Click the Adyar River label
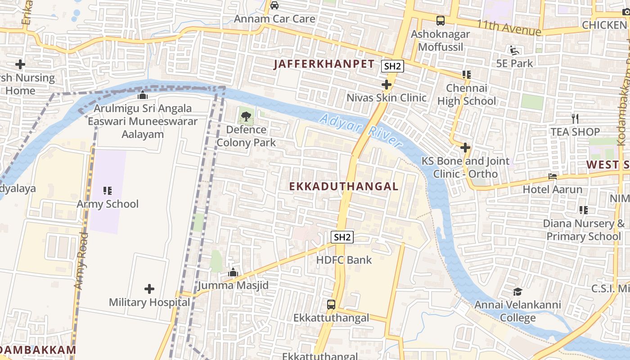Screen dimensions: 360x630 pyautogui.click(x=360, y=130)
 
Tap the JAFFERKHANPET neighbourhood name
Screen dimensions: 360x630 pyautogui.click(x=324, y=64)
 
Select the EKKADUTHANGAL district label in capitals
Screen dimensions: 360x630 pyautogui.click(x=344, y=186)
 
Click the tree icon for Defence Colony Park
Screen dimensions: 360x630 pyautogui.click(x=246, y=117)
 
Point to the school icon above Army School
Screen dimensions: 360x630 pyautogui.click(x=107, y=191)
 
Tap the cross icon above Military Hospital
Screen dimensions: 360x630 pyautogui.click(x=149, y=289)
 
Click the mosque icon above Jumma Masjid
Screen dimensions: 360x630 pyautogui.click(x=233, y=272)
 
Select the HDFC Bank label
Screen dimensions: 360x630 pyautogui.click(x=344, y=260)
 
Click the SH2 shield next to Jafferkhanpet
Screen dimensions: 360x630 pyautogui.click(x=392, y=66)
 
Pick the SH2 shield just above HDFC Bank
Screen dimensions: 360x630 pyautogui.click(x=342, y=237)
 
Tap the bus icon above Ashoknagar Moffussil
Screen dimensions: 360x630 pyautogui.click(x=440, y=20)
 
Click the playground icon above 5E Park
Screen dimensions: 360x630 pyautogui.click(x=514, y=50)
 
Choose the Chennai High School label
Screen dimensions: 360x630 pyautogui.click(x=467, y=94)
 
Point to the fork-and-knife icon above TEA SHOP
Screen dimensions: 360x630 pyautogui.click(x=575, y=119)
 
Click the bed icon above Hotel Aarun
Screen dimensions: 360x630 pyautogui.click(x=553, y=176)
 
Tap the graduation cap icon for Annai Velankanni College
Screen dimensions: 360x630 pyautogui.click(x=517, y=292)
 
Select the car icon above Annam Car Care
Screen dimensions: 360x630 pyautogui.click(x=274, y=6)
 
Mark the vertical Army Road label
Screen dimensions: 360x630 pyautogui.click(x=81, y=261)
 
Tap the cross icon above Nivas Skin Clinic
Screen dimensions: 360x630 pyautogui.click(x=386, y=85)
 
